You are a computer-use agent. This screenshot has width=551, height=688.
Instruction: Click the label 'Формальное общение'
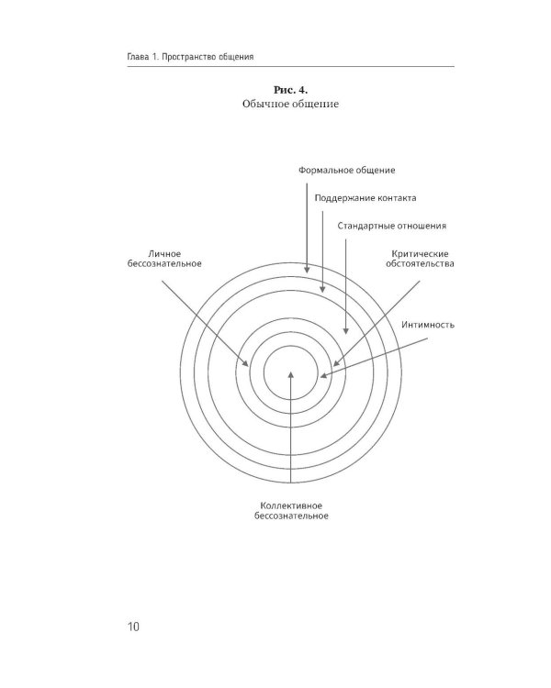click(347, 171)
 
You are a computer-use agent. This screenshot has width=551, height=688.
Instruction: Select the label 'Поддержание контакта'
click(365, 198)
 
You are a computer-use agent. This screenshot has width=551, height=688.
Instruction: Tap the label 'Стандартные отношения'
click(391, 226)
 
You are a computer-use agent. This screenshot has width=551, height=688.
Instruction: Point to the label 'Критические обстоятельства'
click(420, 259)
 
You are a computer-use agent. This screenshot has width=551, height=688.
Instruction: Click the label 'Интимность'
click(428, 325)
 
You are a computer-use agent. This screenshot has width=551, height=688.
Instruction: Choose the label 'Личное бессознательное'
click(164, 259)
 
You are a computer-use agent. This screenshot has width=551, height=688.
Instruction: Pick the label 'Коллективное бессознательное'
click(291, 511)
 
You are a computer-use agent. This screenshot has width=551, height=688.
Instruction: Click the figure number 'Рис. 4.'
click(290, 90)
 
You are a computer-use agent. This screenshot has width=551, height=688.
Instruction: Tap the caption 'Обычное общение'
click(290, 104)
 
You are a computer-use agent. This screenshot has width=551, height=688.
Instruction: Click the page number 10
click(133, 627)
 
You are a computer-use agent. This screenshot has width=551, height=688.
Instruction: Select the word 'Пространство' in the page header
click(189, 57)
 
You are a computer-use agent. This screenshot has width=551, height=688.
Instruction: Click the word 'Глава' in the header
click(138, 57)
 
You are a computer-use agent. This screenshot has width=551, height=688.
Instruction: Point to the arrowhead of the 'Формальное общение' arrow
click(307, 270)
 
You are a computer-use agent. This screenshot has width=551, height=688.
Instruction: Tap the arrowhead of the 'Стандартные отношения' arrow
click(345, 330)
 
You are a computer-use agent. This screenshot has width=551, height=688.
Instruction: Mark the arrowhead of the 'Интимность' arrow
click(324, 375)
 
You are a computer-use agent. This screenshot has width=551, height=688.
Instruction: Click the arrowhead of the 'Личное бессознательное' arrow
click(245, 363)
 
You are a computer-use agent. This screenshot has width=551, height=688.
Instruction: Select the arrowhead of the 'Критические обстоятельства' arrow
click(337, 363)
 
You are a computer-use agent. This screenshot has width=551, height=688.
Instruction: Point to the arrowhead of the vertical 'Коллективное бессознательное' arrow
click(290, 375)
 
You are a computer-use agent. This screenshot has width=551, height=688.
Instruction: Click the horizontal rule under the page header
click(290, 67)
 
